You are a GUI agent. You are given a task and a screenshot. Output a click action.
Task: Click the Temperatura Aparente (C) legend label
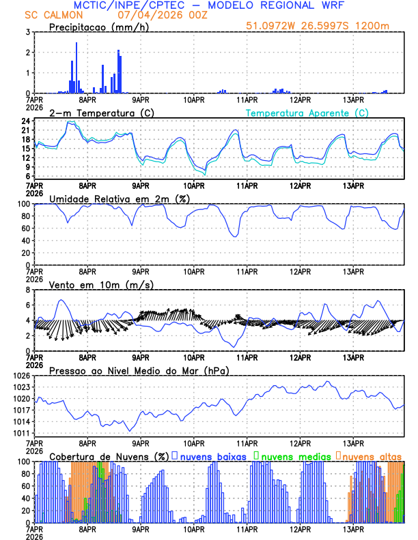(307, 112)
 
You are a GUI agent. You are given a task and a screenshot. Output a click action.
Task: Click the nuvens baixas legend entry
(212, 455)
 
